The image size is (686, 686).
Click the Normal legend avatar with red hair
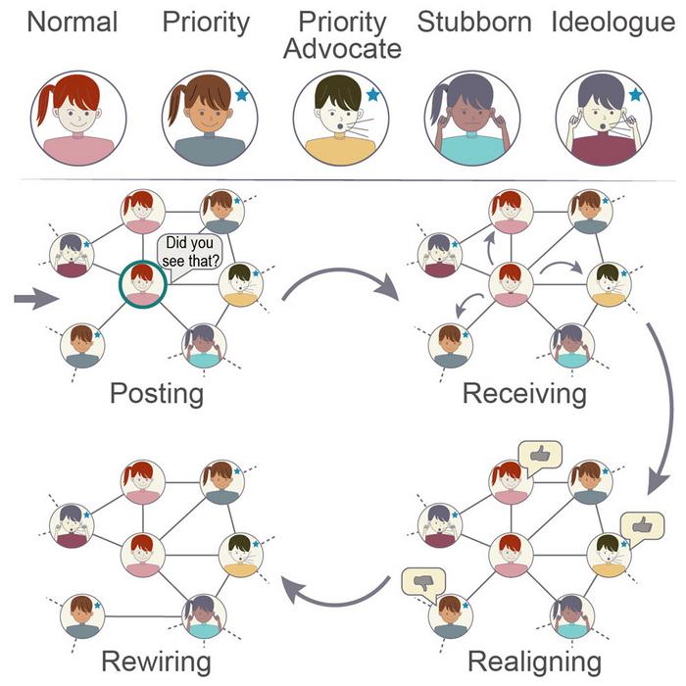pyautogui.click(x=78, y=117)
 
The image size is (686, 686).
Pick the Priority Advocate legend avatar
pyautogui.click(x=340, y=117)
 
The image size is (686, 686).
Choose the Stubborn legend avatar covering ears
pyautogui.click(x=472, y=117)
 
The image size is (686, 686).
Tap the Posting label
pyautogui.click(x=157, y=394)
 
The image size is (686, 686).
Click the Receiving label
pyautogui.click(x=524, y=394)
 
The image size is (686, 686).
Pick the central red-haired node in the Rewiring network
pyautogui.click(x=143, y=555)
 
